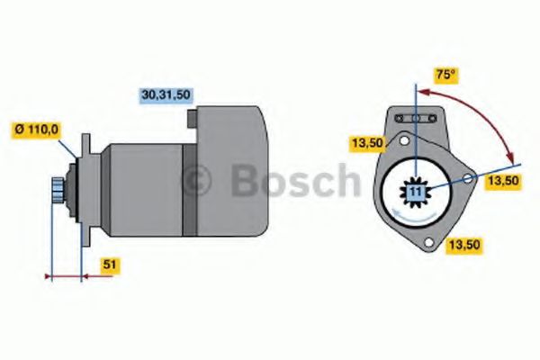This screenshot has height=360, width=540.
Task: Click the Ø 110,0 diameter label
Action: coord(36,129)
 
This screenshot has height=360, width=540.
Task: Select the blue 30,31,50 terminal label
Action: coord(167,94)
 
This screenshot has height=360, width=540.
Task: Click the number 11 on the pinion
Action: coord(415,193)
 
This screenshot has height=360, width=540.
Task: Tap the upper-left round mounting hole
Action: coord(404,141)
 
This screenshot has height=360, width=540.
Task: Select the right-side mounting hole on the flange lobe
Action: coord(467,180)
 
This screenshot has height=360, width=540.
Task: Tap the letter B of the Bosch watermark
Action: coord(247,181)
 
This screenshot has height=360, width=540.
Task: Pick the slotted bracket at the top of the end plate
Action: coord(415,119)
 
